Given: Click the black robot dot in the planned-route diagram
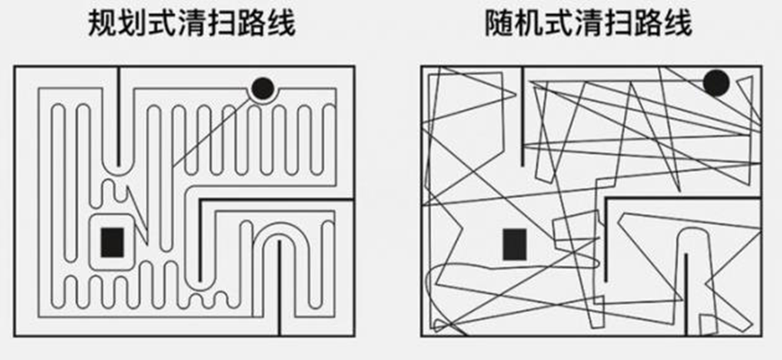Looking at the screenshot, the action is tap(263, 89).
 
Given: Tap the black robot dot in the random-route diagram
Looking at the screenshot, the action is tap(716, 83).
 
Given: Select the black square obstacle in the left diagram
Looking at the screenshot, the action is tap(112, 242).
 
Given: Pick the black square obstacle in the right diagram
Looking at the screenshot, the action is tap(514, 244).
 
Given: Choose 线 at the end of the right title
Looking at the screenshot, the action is tap(677, 23).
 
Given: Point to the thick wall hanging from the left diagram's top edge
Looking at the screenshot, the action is tap(118, 117).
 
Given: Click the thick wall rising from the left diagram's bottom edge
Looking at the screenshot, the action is tap(279, 288).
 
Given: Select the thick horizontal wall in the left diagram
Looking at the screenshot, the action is tap(277, 200).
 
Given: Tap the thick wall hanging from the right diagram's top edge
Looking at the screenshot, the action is tap(523, 117).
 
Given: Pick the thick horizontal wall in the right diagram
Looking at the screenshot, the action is tap(683, 198).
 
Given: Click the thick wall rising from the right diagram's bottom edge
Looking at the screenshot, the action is tap(686, 294).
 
